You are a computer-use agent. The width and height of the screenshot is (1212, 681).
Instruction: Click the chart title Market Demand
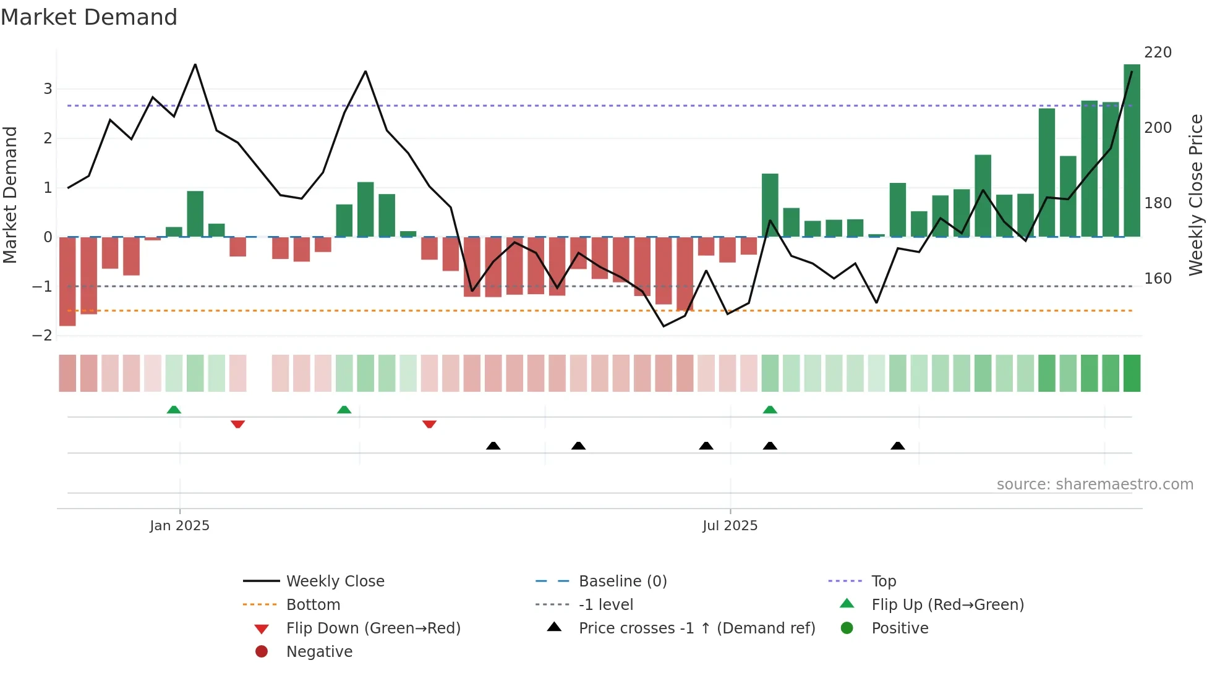tap(89, 17)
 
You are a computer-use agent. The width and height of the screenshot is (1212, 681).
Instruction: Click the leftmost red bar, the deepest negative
tap(67, 281)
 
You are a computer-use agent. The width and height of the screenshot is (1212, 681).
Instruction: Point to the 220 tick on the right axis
tap(1158, 53)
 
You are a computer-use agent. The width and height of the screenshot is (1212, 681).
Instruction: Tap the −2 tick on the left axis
tap(42, 336)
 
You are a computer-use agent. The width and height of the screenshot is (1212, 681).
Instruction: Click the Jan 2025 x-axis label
tap(179, 526)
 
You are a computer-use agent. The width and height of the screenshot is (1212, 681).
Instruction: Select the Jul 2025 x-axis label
tap(730, 526)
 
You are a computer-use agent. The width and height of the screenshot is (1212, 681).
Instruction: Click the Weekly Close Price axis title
tap(1196, 195)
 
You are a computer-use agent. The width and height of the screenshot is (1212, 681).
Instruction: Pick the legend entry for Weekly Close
tap(335, 582)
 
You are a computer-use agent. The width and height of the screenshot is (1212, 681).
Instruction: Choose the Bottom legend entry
tap(313, 605)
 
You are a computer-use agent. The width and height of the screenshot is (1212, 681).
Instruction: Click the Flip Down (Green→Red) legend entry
tap(373, 628)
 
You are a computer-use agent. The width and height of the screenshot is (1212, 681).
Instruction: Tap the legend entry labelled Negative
tap(319, 652)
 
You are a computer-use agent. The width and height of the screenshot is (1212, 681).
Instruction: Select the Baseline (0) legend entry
tap(623, 582)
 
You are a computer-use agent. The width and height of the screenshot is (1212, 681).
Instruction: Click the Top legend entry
tap(884, 582)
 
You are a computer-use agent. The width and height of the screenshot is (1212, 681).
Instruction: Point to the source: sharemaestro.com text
tap(1095, 484)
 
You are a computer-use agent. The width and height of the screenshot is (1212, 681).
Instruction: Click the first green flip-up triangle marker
tap(174, 410)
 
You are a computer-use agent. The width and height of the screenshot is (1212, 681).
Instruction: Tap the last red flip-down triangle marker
tap(429, 424)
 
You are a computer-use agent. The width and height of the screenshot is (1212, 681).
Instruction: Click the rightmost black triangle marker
tap(898, 446)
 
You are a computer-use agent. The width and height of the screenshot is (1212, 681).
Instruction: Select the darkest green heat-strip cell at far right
tap(1132, 373)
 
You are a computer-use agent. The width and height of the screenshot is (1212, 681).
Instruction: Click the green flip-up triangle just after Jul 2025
tap(770, 410)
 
